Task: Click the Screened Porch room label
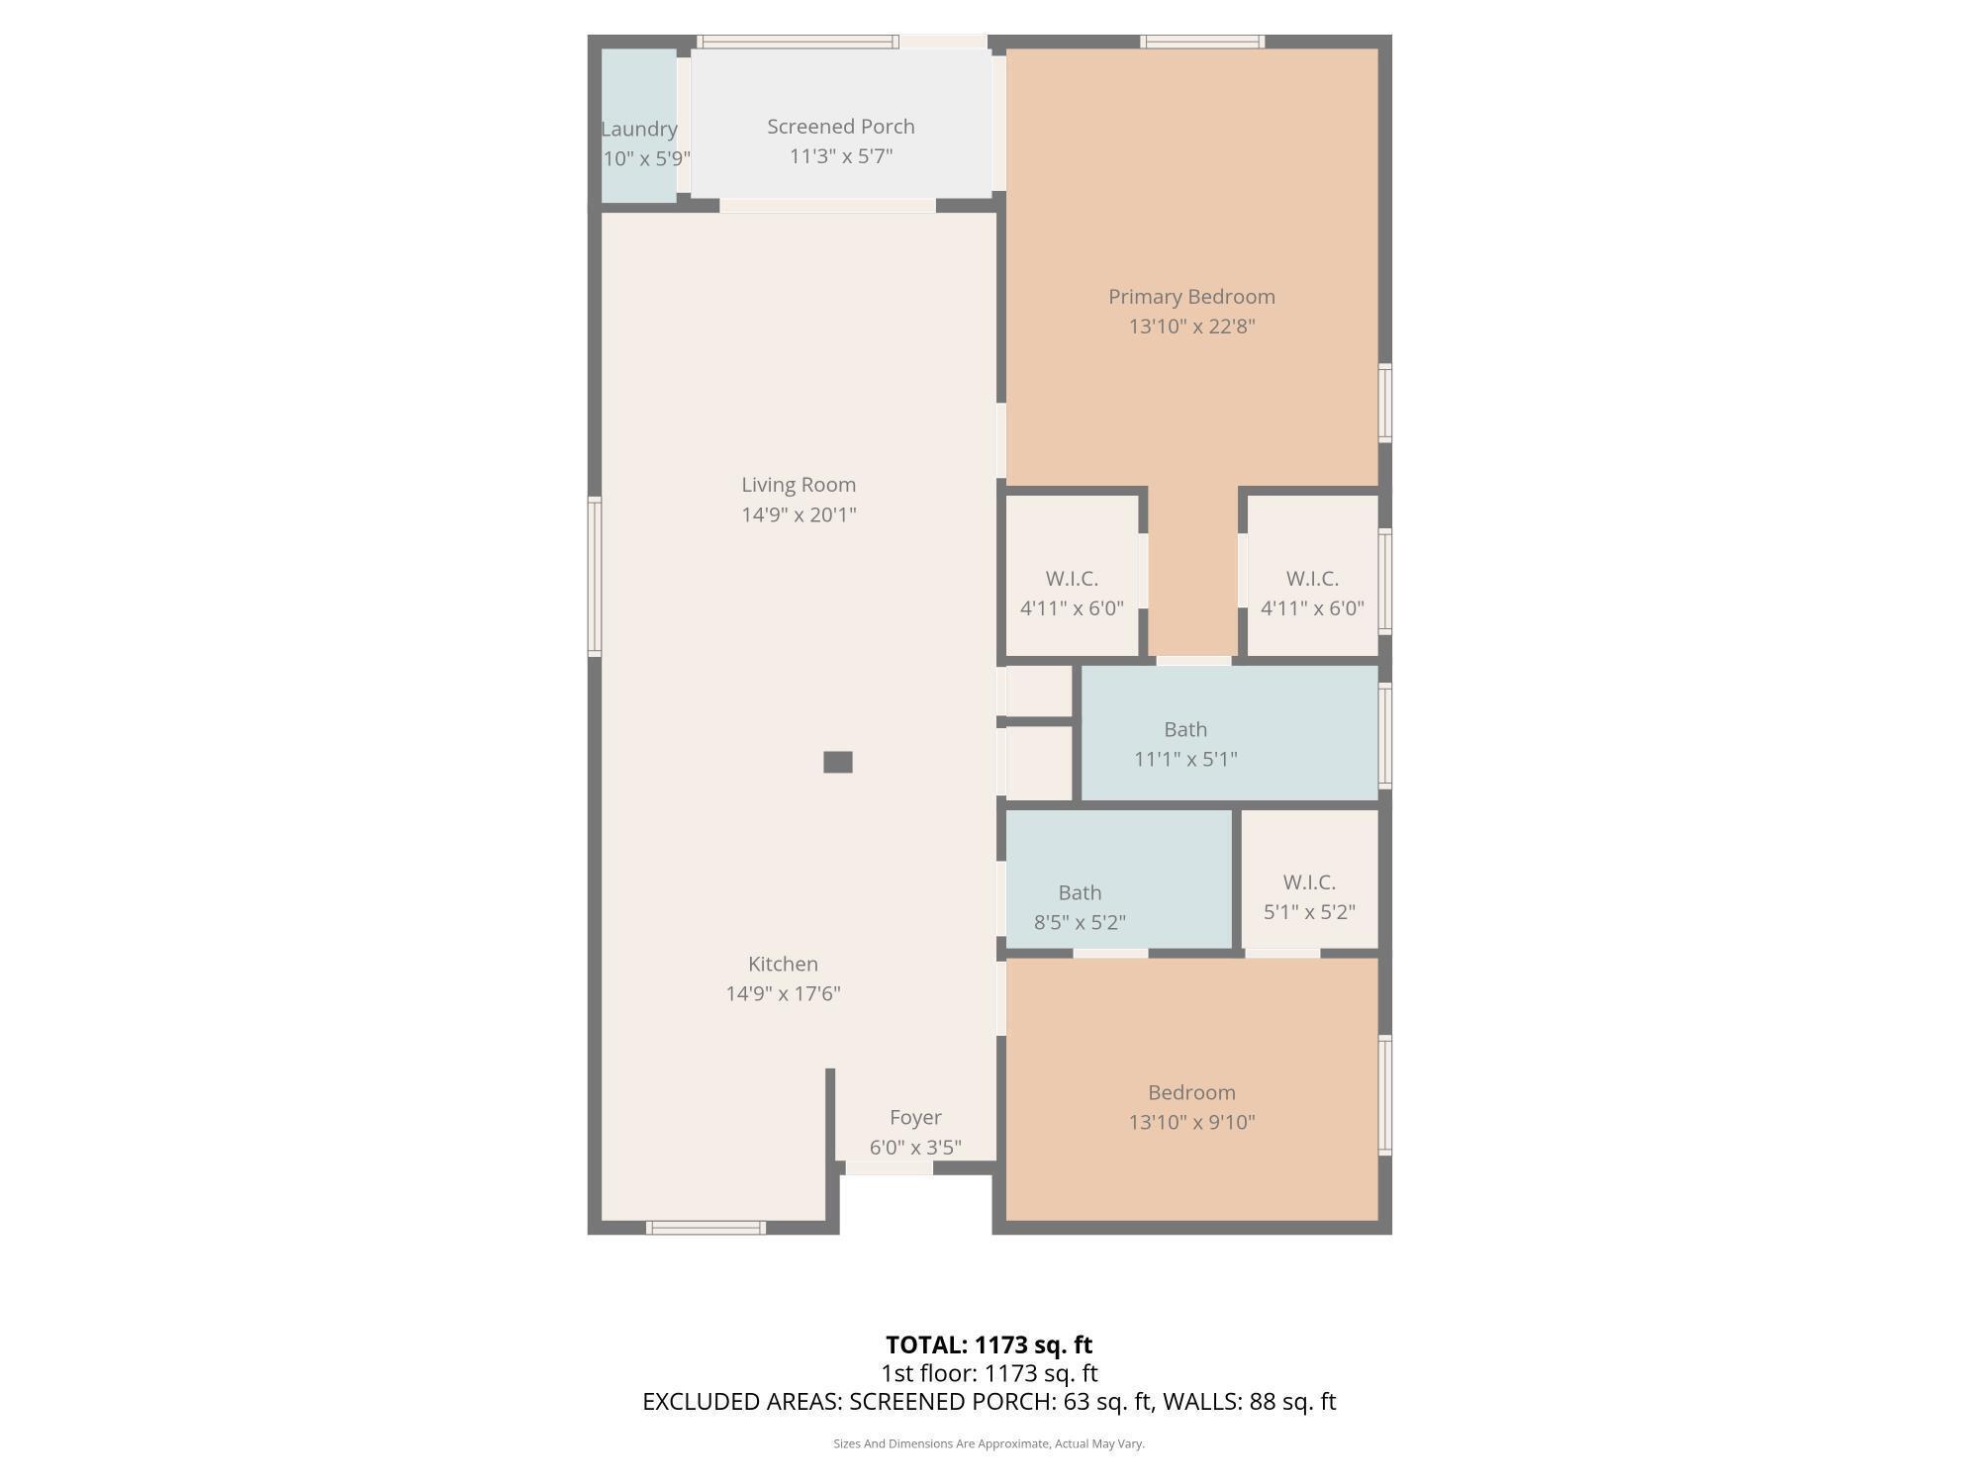click(840, 127)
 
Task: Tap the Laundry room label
click(639, 129)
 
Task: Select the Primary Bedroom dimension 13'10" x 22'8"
click(1191, 326)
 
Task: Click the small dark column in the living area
click(838, 762)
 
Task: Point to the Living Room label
click(799, 485)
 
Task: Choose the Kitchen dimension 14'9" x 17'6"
click(783, 993)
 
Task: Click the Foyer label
click(915, 1117)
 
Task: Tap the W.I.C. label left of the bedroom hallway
click(1072, 579)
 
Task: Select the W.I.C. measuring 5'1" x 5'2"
click(1309, 896)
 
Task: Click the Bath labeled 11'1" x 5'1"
click(1185, 744)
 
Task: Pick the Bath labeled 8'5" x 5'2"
click(1080, 907)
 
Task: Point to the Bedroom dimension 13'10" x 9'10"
click(1191, 1122)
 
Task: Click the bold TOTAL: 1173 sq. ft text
click(989, 1345)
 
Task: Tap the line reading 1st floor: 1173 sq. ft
click(989, 1373)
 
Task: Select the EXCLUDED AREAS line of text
click(989, 1402)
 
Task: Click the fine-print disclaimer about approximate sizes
click(989, 1443)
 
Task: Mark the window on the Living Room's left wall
click(595, 577)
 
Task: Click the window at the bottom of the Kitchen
click(706, 1228)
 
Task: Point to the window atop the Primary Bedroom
click(1202, 42)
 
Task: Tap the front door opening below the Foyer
click(889, 1169)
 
